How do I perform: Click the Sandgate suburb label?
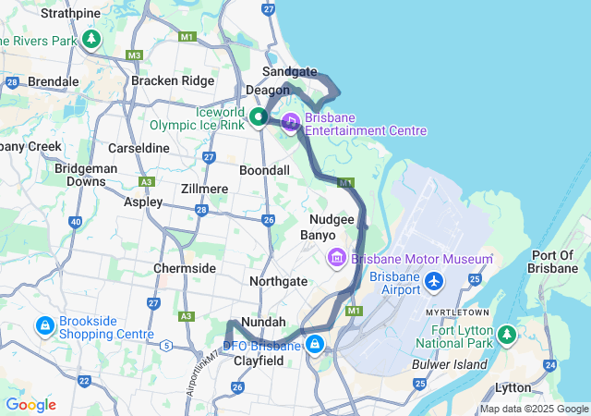(x=289, y=71)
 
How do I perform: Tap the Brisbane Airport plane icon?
(x=434, y=279)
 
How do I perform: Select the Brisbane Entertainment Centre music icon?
(x=291, y=121)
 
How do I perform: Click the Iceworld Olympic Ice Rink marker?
(x=259, y=117)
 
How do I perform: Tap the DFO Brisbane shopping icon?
(x=316, y=345)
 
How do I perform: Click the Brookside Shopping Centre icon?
(x=44, y=326)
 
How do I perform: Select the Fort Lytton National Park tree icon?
(x=506, y=334)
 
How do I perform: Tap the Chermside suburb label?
(x=184, y=268)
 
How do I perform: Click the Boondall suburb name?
(x=264, y=171)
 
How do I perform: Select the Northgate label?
(x=279, y=280)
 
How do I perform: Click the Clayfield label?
(x=258, y=361)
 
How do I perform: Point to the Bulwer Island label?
(x=451, y=364)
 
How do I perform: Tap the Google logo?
(x=30, y=405)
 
